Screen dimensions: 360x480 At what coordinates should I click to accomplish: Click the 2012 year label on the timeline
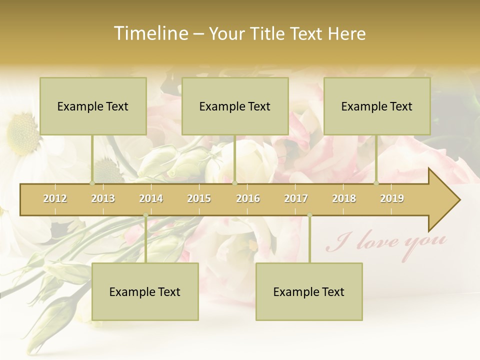click(55, 198)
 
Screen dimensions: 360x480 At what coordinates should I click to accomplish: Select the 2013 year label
click(103, 198)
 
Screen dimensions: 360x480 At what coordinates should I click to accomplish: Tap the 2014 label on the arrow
click(151, 198)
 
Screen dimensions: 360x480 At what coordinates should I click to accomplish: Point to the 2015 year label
click(199, 198)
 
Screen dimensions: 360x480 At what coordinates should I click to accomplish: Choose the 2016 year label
click(248, 198)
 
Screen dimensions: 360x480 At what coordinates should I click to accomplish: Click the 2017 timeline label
click(296, 198)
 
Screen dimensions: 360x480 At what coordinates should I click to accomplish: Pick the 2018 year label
click(344, 198)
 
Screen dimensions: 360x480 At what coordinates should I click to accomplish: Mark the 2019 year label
click(392, 198)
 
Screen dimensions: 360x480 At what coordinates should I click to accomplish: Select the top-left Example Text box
click(93, 106)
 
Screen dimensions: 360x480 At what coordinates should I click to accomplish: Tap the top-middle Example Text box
click(235, 106)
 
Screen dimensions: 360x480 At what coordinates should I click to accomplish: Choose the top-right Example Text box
click(377, 106)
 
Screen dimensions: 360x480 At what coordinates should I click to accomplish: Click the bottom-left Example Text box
click(145, 291)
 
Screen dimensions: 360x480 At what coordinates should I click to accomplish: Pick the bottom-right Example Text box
click(309, 291)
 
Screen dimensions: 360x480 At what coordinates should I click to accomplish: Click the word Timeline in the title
click(149, 33)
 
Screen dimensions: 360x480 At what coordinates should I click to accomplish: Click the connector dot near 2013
click(92, 183)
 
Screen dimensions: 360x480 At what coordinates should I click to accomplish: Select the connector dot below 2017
click(309, 215)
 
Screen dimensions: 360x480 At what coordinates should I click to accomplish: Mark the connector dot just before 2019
click(376, 183)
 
